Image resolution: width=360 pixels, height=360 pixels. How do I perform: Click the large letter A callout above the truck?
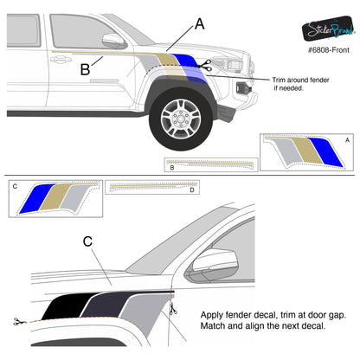200,24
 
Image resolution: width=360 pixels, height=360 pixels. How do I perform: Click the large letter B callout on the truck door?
85,68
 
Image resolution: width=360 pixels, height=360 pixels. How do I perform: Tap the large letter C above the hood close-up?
112,243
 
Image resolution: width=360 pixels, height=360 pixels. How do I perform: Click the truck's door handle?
61,61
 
